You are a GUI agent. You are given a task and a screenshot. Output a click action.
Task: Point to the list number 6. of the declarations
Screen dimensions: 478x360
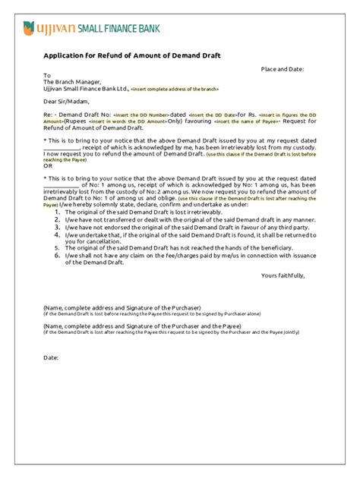(57, 256)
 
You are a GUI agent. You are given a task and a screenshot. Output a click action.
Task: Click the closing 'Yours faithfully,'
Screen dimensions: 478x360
(282, 275)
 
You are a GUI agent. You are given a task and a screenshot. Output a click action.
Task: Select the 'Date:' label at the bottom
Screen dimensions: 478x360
(52, 356)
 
